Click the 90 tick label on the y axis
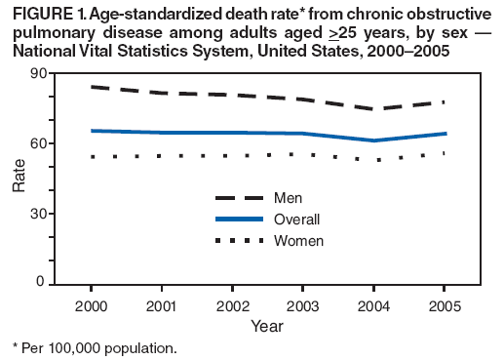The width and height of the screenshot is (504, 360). (62, 73)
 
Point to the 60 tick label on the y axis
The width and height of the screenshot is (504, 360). (62, 143)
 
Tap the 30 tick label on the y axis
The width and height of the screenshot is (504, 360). (62, 214)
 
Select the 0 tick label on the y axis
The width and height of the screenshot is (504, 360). (66, 283)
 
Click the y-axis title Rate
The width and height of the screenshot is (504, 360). (19, 178)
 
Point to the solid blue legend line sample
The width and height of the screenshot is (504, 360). (240, 220)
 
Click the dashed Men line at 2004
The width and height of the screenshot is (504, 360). (373, 109)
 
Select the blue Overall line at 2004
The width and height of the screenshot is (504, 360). (373, 140)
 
